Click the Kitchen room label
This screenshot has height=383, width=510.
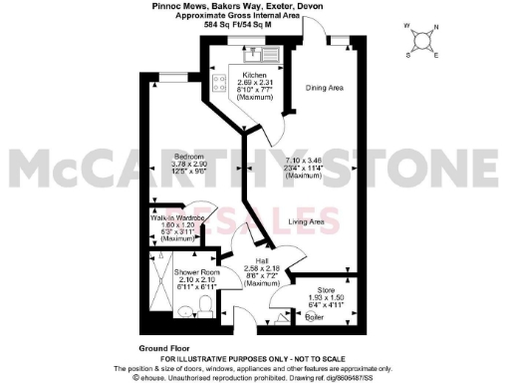[x=254, y=76]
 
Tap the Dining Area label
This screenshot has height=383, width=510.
[x=324, y=89]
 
